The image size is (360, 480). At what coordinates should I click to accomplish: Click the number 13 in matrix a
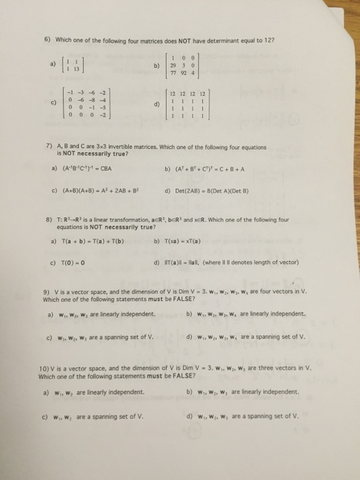(x=81, y=68)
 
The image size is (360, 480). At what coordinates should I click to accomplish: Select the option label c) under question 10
(x=45, y=415)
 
